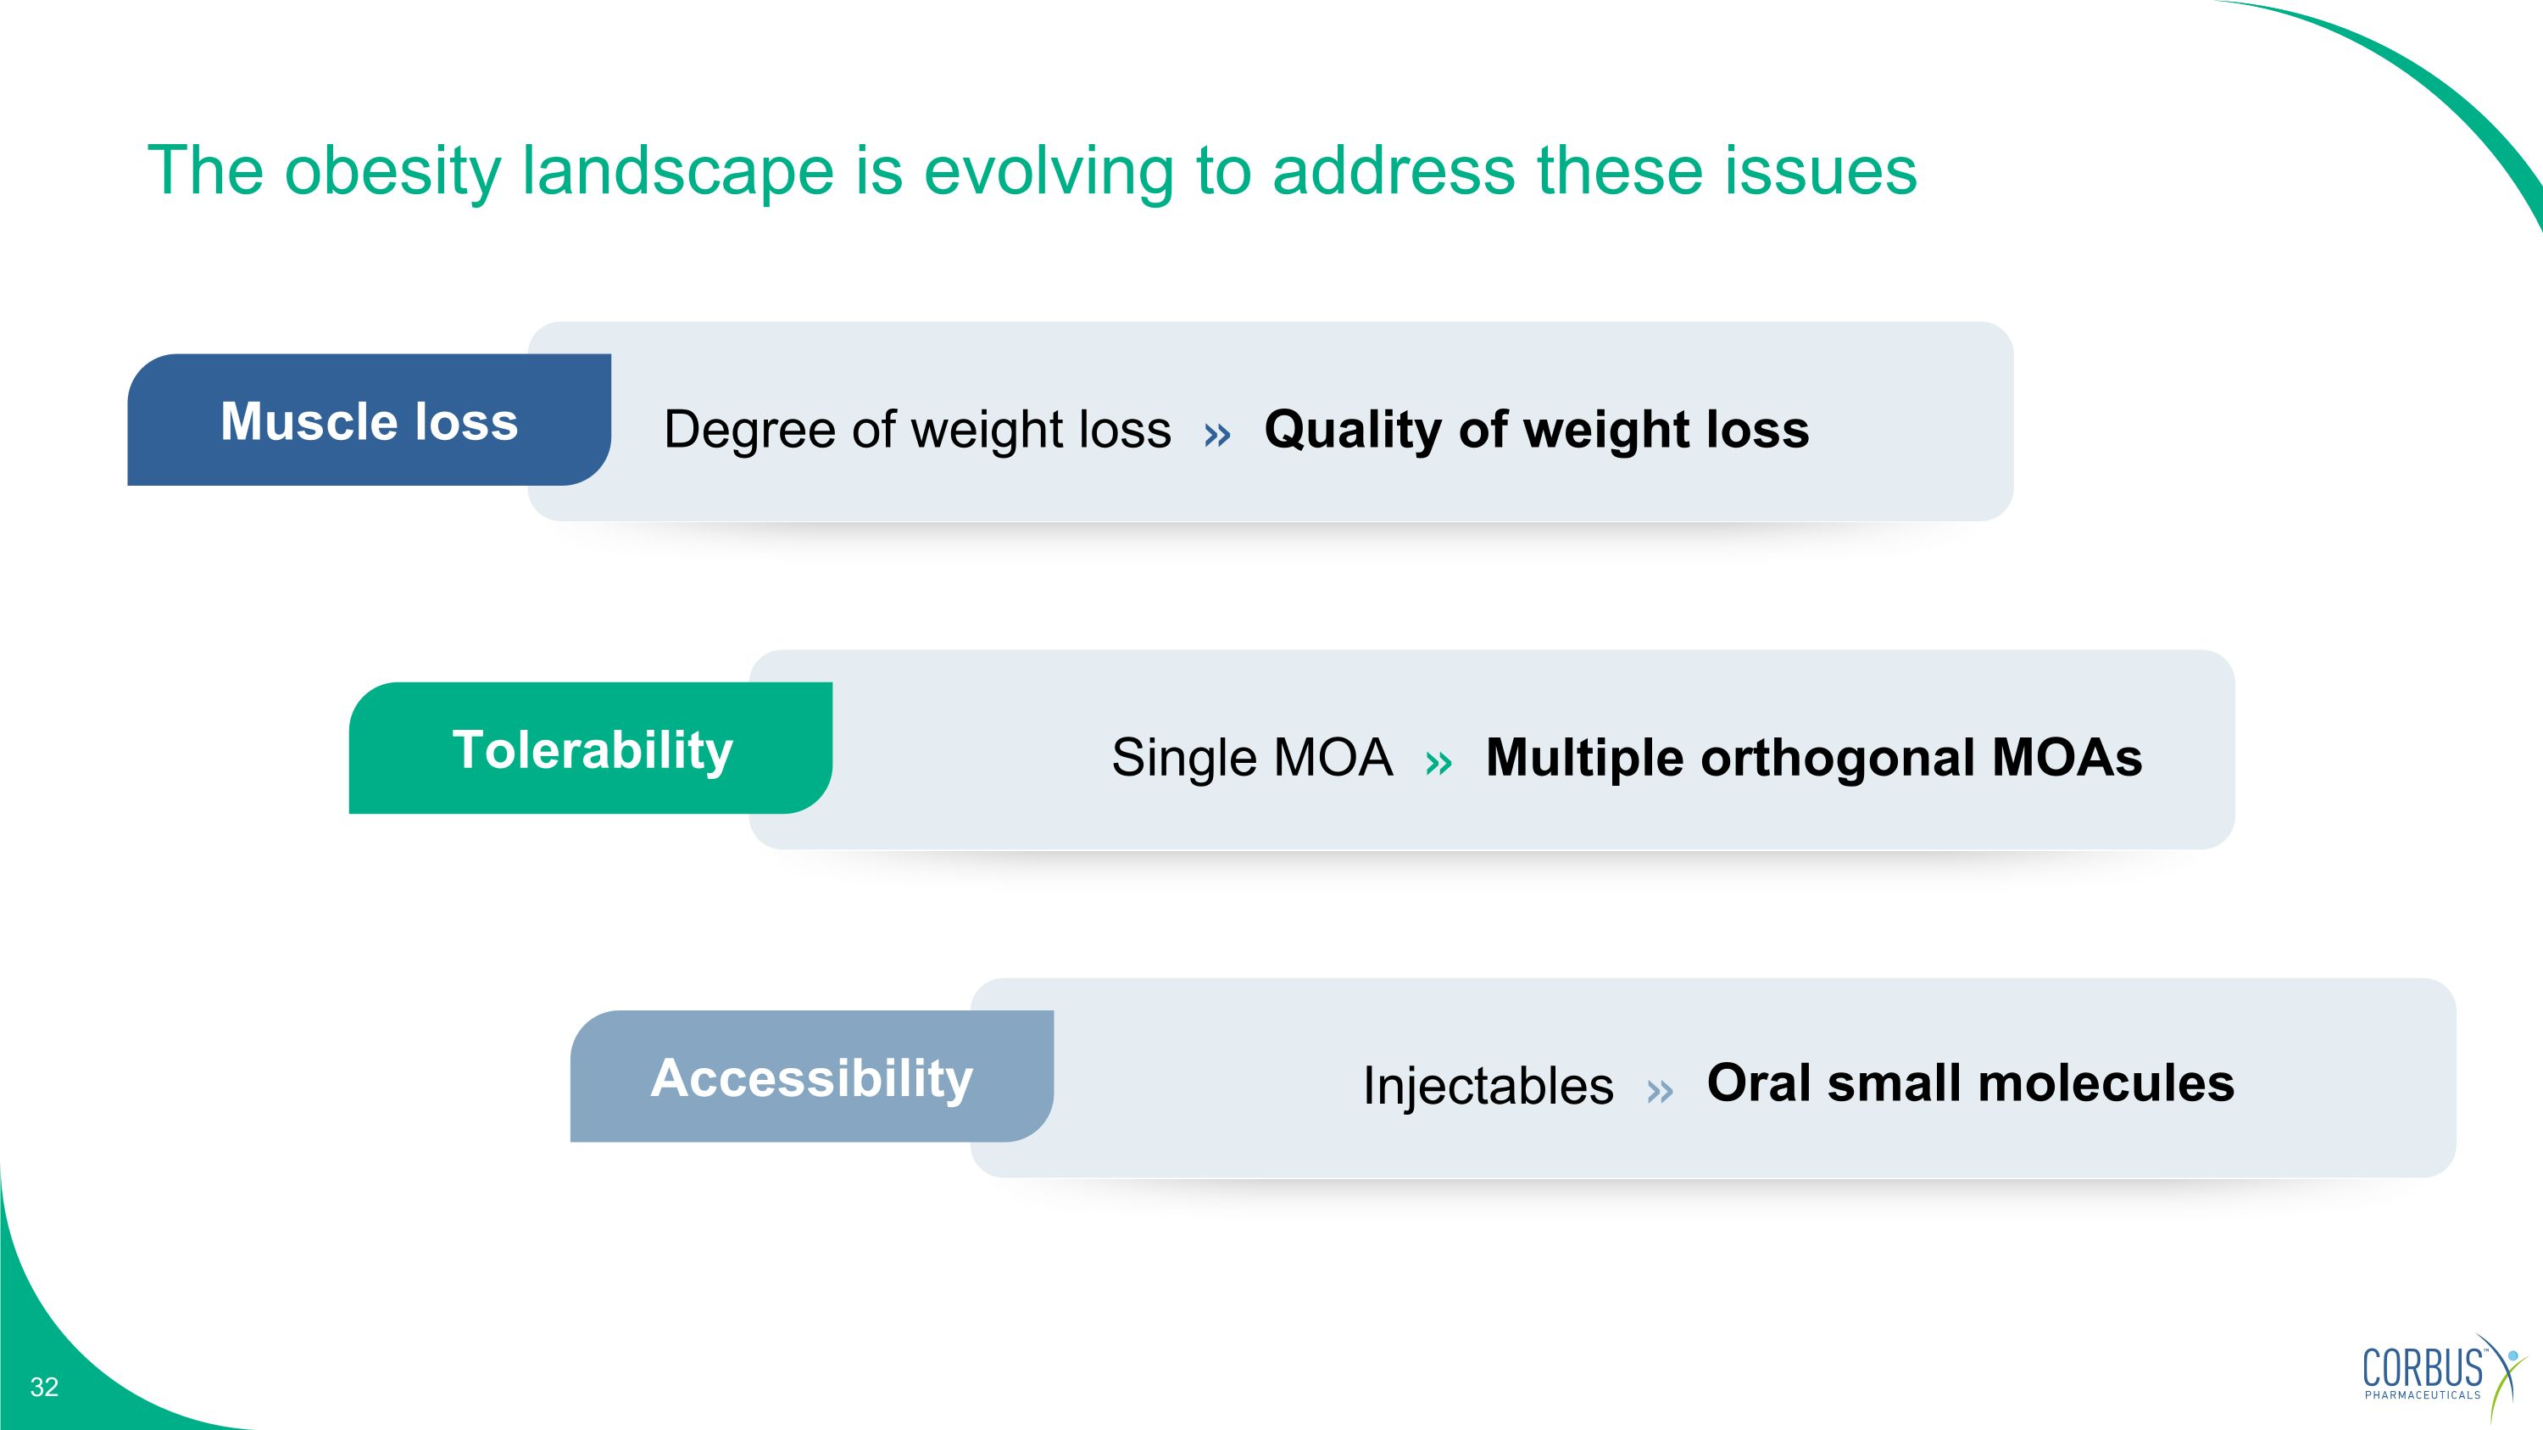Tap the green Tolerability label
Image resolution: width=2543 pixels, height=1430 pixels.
(592, 749)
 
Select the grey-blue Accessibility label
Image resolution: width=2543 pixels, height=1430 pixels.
(811, 1077)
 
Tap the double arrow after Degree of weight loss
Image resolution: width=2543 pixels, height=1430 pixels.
(1217, 434)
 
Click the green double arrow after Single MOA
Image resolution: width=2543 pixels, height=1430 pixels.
(1438, 762)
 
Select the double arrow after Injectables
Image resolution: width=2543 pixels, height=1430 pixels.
(1660, 1090)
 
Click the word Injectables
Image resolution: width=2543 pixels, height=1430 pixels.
(1488, 1086)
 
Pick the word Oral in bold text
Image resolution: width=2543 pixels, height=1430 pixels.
(1757, 1082)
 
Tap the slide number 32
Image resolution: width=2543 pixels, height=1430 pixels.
(44, 1387)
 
